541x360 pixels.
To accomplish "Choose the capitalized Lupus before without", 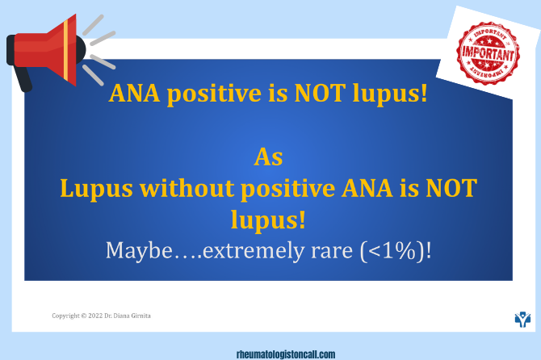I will (x=96, y=189).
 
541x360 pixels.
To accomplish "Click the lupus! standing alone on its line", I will (x=268, y=219).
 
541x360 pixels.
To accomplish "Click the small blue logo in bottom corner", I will (x=523, y=319).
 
